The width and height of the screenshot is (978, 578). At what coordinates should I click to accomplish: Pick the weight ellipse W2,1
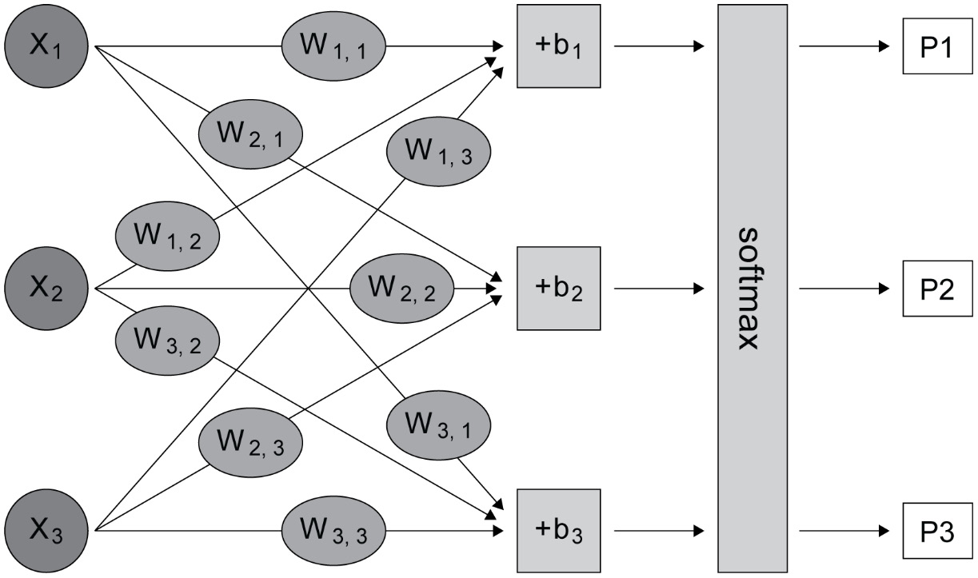249,134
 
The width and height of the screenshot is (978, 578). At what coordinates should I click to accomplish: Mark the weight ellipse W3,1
438,426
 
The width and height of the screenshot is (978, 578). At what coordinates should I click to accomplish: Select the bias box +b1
558,46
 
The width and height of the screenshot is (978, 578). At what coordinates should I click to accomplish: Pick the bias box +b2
558,288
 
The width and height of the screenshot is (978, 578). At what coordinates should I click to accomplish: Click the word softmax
749,288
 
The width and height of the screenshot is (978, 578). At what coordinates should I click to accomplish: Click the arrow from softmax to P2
844,288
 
